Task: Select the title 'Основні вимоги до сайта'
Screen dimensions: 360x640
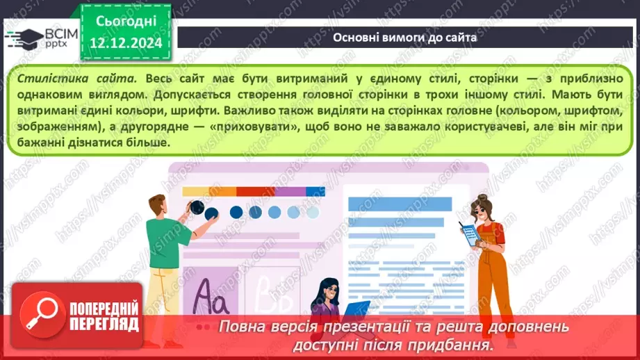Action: [404, 38]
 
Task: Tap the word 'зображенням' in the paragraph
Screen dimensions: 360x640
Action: [51, 126]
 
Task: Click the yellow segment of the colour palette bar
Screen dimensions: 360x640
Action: [195, 192]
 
